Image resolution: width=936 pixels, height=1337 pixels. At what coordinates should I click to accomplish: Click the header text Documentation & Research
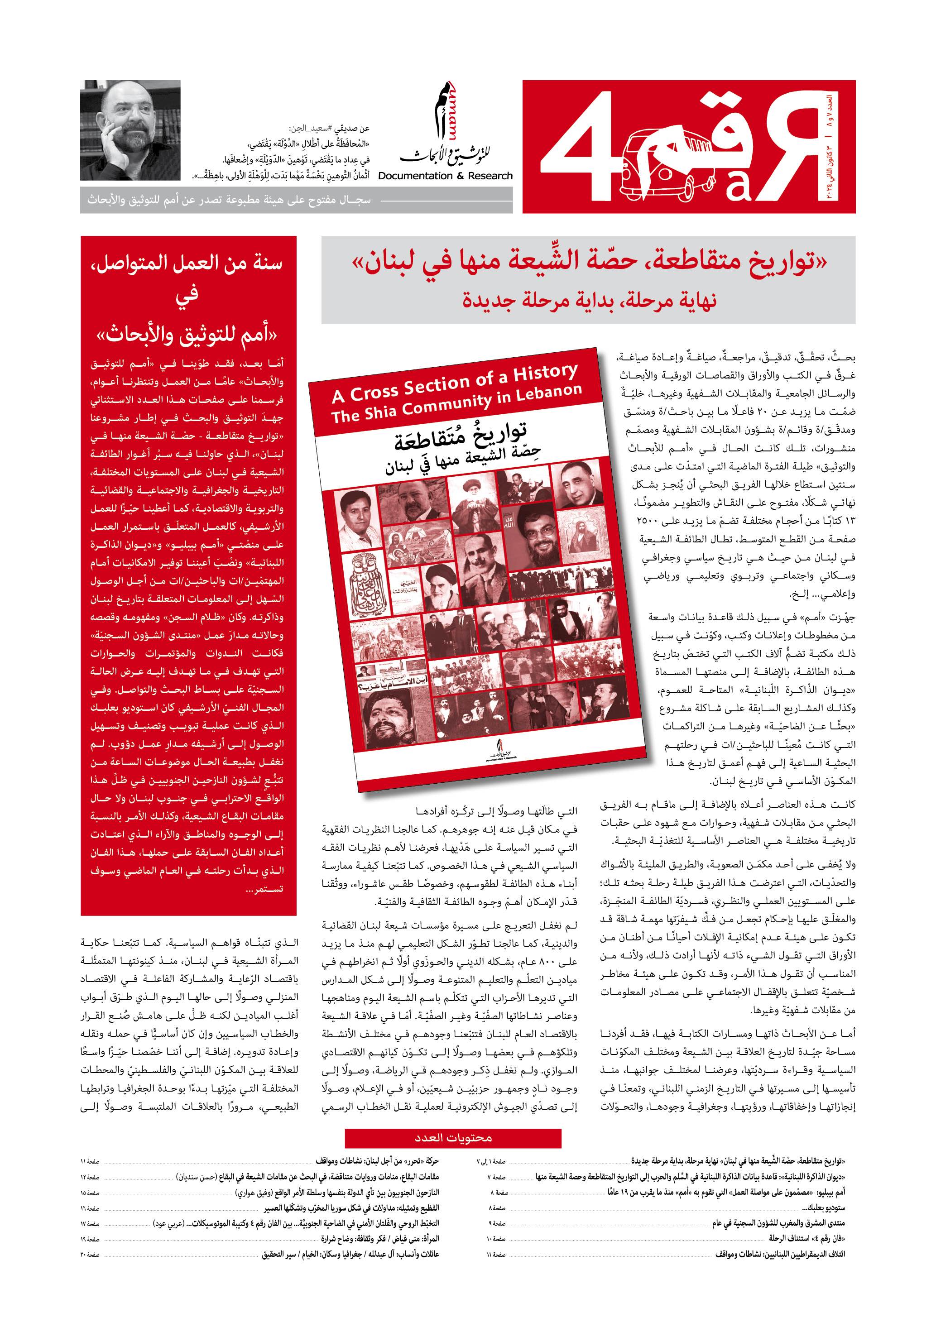point(446,176)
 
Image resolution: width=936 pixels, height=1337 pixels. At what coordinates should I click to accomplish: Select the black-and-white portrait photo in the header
point(130,130)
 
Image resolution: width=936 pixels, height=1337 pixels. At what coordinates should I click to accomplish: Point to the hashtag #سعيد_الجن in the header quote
point(329,129)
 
